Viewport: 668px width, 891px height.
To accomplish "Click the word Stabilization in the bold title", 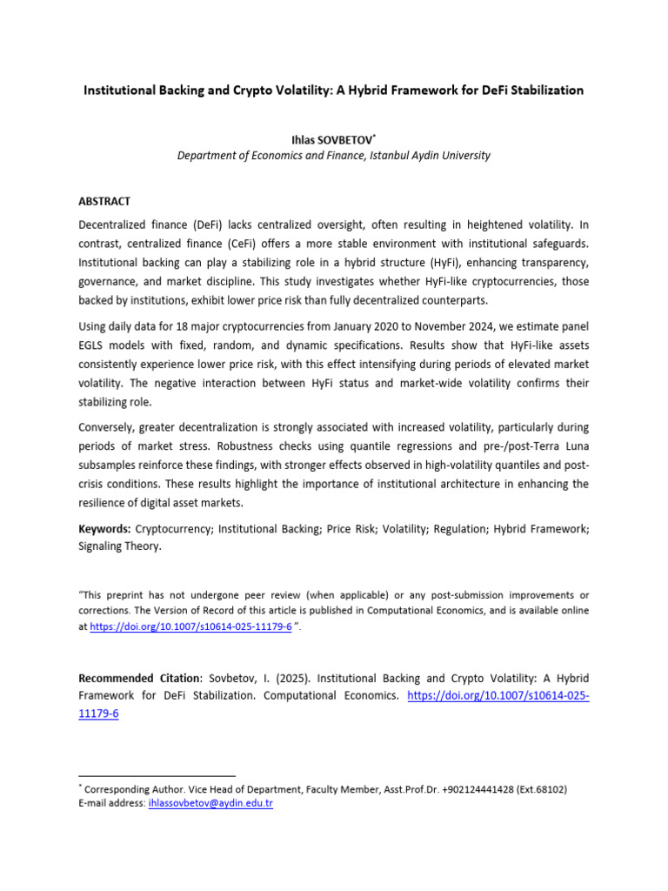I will pos(545,90).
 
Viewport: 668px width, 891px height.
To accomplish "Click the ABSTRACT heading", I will pos(104,201).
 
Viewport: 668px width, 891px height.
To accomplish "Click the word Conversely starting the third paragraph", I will pos(109,427).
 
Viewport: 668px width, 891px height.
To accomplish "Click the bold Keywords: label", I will pos(105,529).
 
